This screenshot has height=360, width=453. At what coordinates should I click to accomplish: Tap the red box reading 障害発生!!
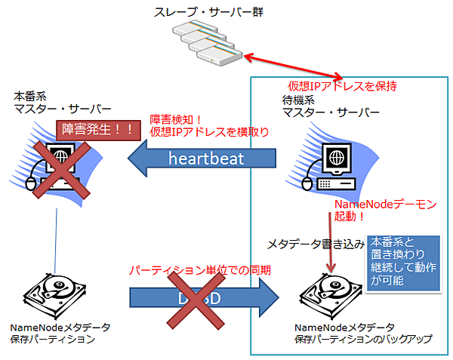pyautogui.click(x=95, y=128)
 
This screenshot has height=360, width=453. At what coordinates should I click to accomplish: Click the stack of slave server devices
pyautogui.click(x=206, y=43)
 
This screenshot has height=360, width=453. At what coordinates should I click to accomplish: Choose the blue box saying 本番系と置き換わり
pyautogui.click(x=403, y=261)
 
